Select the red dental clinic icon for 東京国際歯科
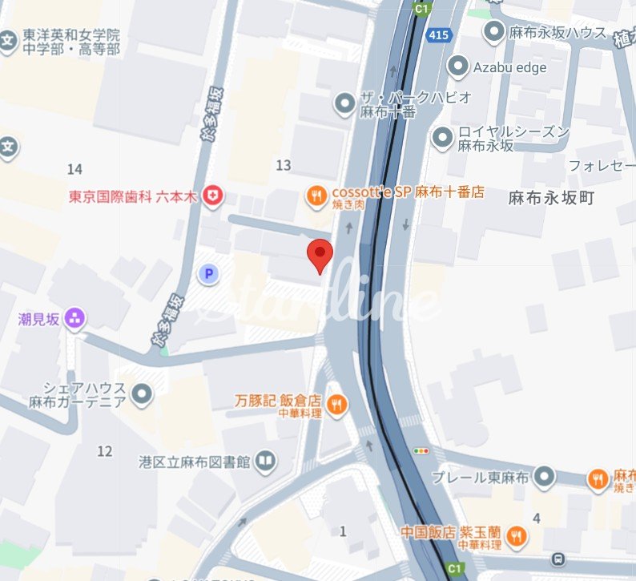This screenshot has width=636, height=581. point(212,196)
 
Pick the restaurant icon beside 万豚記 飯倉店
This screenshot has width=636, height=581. point(337,405)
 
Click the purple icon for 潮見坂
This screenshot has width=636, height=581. point(76,319)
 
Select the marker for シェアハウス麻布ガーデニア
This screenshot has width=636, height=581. point(143,393)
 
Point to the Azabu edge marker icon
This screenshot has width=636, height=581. point(458,67)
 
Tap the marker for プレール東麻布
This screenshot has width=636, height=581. point(545,477)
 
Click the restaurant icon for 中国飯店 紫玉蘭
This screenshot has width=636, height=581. point(517,537)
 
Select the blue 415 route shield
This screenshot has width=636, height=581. point(439,36)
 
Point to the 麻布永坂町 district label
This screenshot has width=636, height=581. point(551,198)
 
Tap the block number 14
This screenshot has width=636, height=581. point(75,168)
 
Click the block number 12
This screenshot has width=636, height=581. point(105,451)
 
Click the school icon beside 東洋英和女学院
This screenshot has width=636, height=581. point(9,40)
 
